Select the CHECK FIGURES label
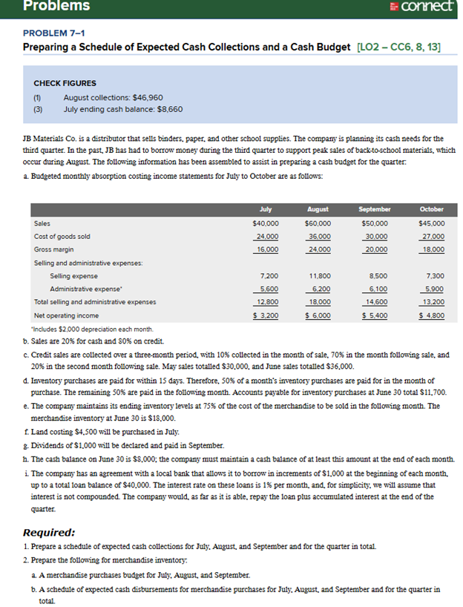pyautogui.click(x=65, y=83)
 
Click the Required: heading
pyautogui.click(x=49, y=532)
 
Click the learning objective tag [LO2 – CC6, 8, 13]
pyautogui.click(x=398, y=47)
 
